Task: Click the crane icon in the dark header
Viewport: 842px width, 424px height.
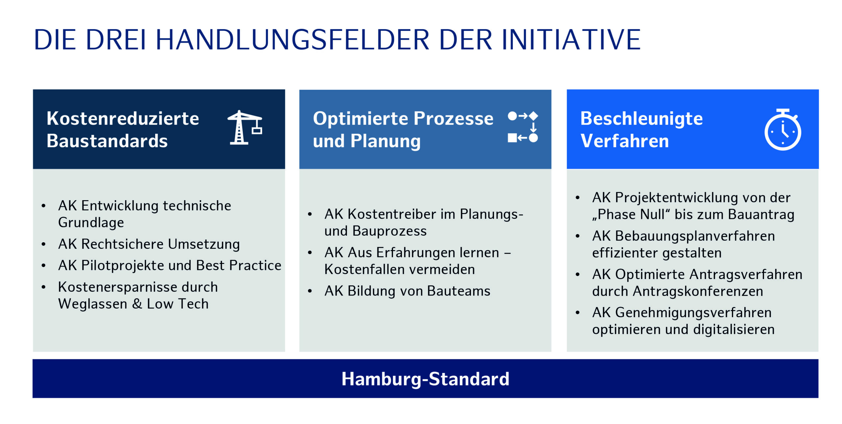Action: pos(245,128)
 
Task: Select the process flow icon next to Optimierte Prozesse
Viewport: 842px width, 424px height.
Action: pos(523,127)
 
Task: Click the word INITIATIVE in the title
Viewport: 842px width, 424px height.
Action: pos(571,40)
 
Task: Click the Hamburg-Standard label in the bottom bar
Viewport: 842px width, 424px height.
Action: pos(425,379)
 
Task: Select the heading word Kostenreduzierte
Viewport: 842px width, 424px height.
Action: pos(123,118)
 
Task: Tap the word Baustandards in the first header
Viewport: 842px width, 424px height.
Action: pos(107,141)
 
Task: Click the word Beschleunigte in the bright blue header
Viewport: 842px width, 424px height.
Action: pos(641,119)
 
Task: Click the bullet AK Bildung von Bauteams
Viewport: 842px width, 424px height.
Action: pos(407,291)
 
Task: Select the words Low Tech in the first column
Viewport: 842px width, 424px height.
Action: pos(178,304)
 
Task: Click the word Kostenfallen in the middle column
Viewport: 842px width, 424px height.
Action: pos(359,270)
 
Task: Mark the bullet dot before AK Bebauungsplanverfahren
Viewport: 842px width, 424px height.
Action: pos(578,236)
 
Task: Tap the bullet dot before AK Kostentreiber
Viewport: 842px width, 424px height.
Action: pos(310,214)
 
